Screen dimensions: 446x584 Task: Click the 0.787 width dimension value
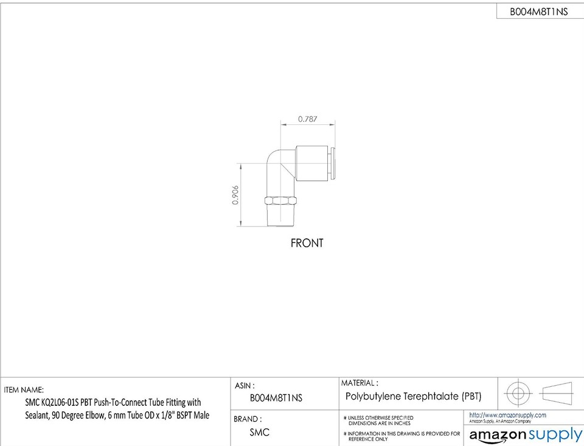(x=307, y=119)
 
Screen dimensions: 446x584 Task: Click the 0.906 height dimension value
(x=235, y=195)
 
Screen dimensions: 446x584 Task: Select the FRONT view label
(x=307, y=243)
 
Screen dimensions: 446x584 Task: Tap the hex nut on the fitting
(x=281, y=201)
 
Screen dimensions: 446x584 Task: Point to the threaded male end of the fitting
(x=281, y=216)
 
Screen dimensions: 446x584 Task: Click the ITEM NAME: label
(x=24, y=389)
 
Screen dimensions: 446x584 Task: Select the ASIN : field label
(x=245, y=385)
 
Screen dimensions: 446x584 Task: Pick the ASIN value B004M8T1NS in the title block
(x=276, y=398)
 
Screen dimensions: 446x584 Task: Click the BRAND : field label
(x=248, y=419)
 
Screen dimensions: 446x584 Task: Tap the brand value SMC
(x=260, y=433)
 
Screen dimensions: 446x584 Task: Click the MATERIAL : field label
(x=360, y=383)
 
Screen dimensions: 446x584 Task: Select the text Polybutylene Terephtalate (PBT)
(x=413, y=397)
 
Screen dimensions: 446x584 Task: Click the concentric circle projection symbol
(x=518, y=392)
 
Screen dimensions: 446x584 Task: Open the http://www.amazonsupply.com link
(x=507, y=415)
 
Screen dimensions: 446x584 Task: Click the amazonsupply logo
(x=526, y=434)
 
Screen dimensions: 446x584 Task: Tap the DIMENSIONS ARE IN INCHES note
(x=379, y=423)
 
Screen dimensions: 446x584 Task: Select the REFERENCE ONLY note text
(x=367, y=439)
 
